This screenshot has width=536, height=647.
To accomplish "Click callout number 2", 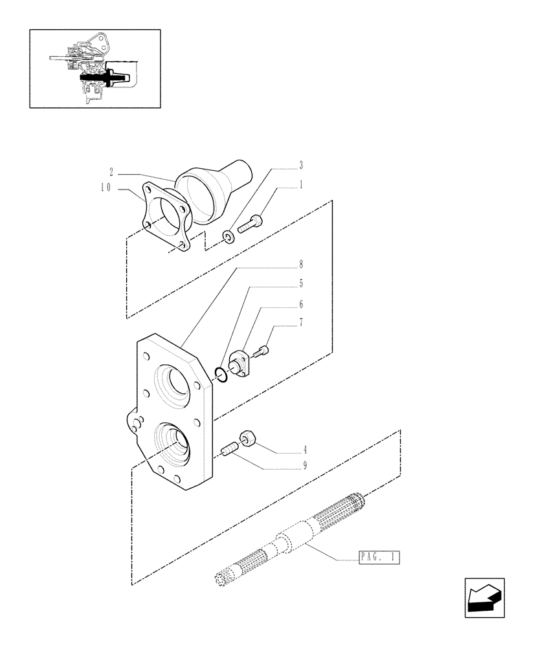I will (112, 172).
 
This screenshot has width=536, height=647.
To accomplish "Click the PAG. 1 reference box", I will (379, 556).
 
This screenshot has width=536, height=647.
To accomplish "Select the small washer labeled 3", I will (229, 237).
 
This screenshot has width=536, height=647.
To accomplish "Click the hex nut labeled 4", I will (249, 439).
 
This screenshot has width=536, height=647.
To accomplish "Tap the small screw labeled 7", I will (263, 351).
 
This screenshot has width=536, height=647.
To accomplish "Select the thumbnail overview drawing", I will (95, 68).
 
